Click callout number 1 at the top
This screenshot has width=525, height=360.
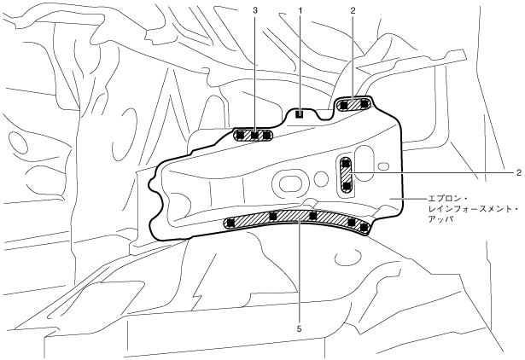[x=300, y=9]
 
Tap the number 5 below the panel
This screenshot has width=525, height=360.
[x=299, y=326]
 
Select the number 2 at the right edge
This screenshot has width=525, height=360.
[x=518, y=172]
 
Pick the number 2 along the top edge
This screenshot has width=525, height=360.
[x=353, y=9]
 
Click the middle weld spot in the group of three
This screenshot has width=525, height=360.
[x=254, y=135]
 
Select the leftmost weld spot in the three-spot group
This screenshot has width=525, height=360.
[x=241, y=135]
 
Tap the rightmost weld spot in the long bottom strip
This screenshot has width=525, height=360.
[x=364, y=229]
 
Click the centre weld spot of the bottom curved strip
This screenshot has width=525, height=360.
[x=313, y=215]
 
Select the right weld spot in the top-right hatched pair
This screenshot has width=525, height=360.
[x=365, y=104]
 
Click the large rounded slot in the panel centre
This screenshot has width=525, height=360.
[x=289, y=182]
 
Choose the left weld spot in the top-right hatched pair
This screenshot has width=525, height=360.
[x=343, y=105]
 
